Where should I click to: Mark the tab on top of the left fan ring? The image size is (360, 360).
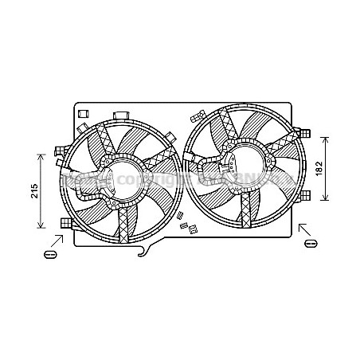[x=123, y=116]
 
